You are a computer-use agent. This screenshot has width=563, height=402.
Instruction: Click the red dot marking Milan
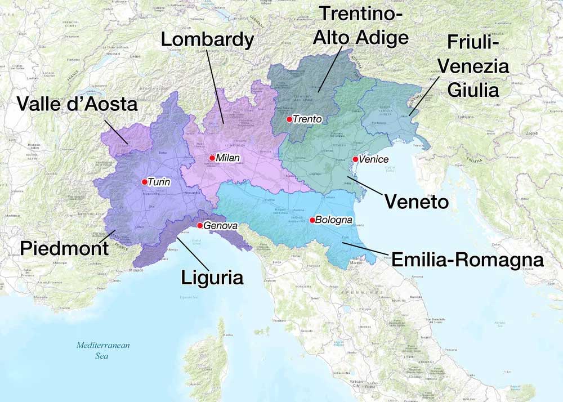pyautogui.click(x=212, y=158)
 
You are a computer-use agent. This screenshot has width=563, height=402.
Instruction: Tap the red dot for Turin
pyautogui.click(x=145, y=182)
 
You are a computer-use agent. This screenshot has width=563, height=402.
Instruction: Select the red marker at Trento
pyautogui.click(x=289, y=119)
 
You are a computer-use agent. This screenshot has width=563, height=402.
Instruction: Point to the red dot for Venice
pyautogui.click(x=355, y=159)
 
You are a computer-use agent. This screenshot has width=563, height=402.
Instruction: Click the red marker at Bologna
pyautogui.click(x=311, y=220)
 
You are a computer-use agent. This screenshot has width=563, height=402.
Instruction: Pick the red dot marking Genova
pyautogui.click(x=200, y=225)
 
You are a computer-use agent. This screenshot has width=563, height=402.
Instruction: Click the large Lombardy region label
pyautogui.click(x=207, y=39)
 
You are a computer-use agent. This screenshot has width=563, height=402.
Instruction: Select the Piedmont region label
pyautogui.click(x=64, y=248)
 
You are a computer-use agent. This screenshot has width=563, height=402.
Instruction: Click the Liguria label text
pyautogui.click(x=212, y=278)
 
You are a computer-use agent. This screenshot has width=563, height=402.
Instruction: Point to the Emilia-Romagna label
pyautogui.click(x=467, y=260)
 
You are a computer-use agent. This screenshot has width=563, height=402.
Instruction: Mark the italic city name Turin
pyautogui.click(x=159, y=182)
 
